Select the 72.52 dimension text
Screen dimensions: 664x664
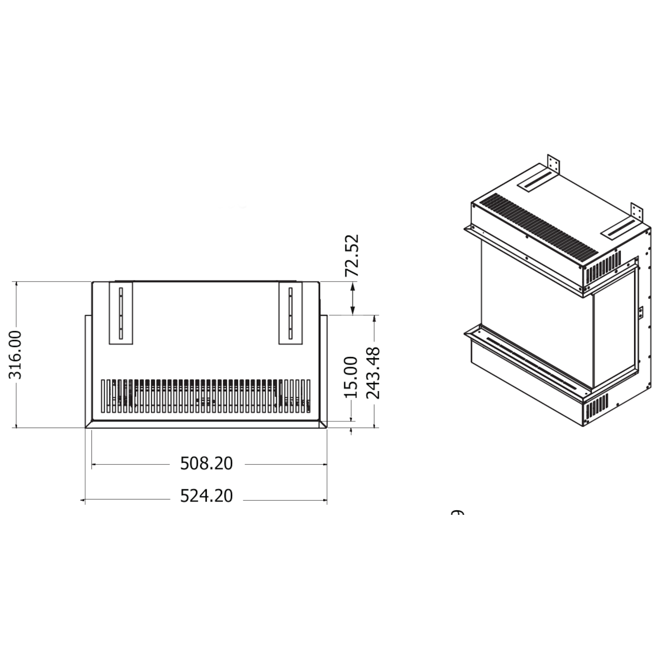[352, 255]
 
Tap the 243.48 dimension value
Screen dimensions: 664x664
[374, 373]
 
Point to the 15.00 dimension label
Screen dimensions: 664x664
[351, 377]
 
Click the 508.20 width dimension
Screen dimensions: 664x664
[206, 464]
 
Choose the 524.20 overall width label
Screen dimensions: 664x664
[206, 496]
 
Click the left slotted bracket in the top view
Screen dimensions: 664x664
[121, 313]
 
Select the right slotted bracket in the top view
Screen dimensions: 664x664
[291, 313]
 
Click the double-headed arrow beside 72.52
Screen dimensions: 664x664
[352, 299]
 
